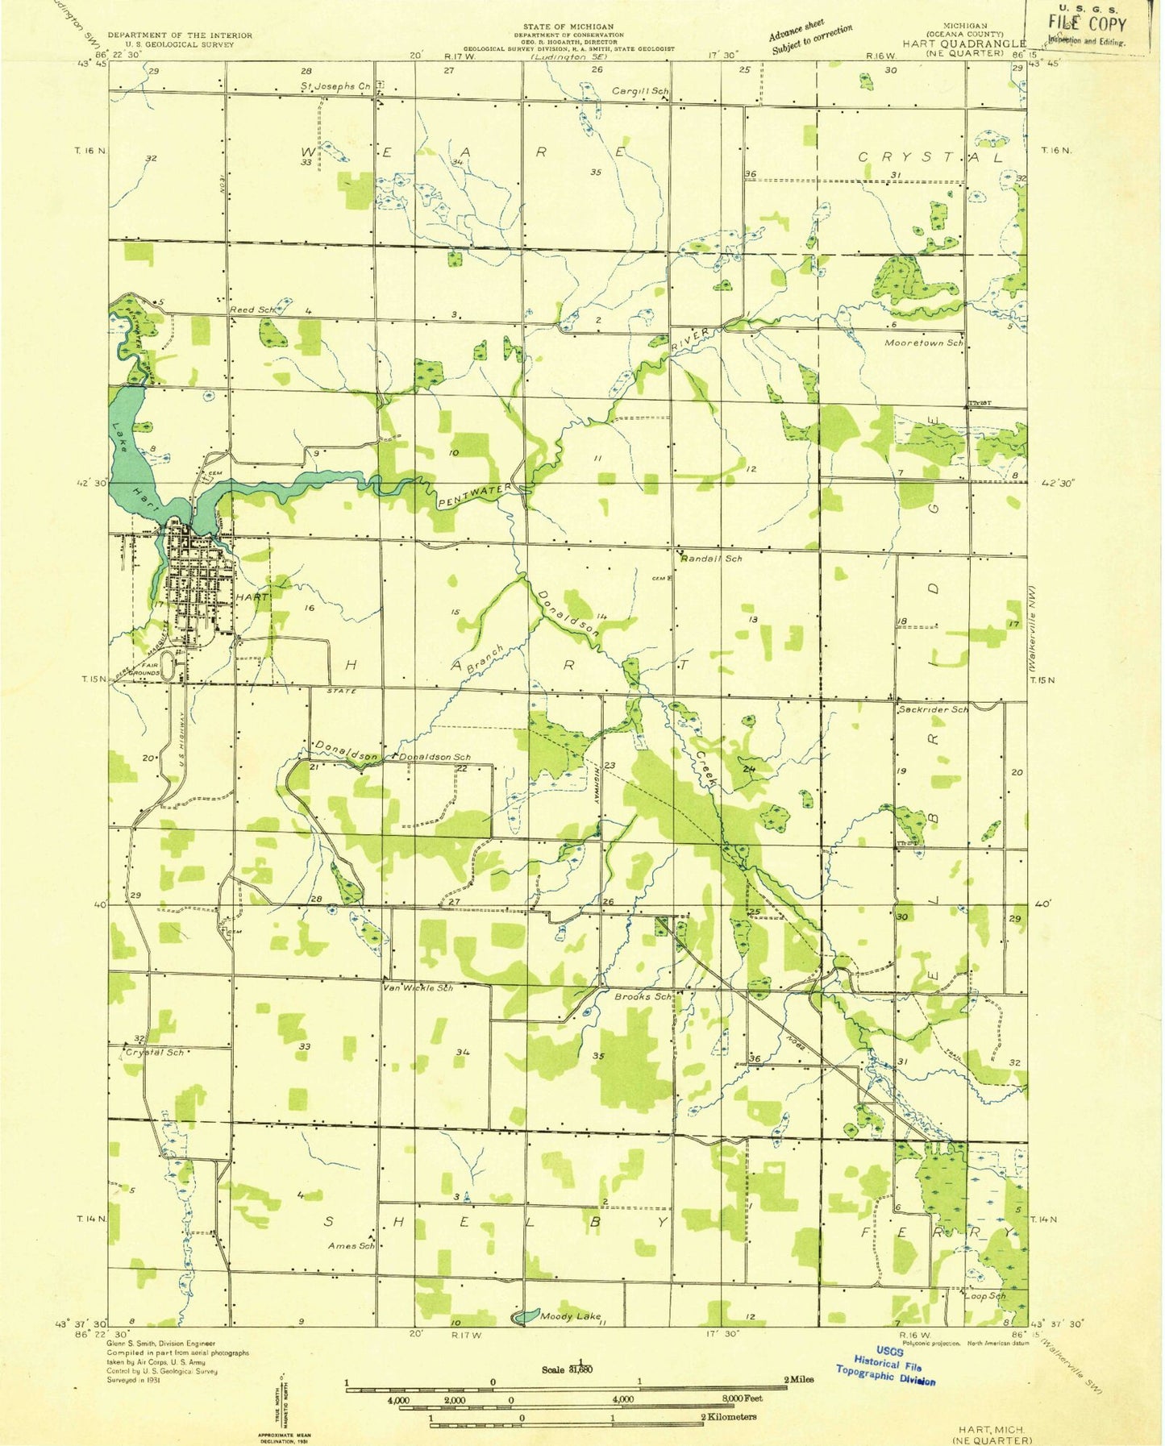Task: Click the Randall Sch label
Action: [711, 558]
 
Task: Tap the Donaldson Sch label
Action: [435, 757]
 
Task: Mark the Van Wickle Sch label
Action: [418, 987]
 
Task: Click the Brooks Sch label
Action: [643, 996]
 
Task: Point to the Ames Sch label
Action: [351, 1245]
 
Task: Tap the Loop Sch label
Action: [985, 1296]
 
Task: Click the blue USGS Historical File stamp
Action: [884, 1363]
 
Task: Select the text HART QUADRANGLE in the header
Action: [965, 44]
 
